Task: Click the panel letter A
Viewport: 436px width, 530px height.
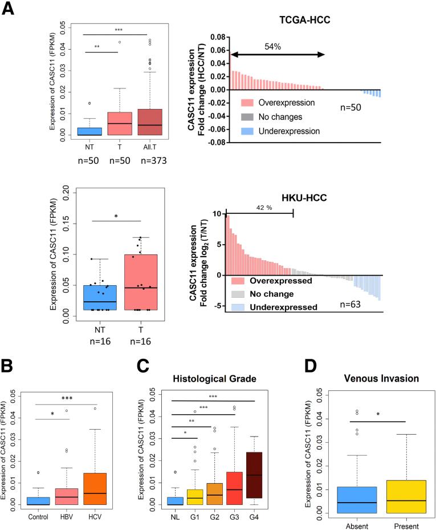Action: tap(9, 9)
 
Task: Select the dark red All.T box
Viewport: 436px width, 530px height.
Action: tap(134, 122)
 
